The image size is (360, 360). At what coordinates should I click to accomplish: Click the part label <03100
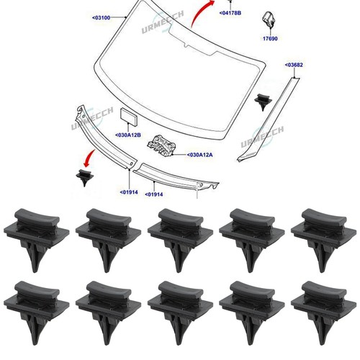[x=102, y=17]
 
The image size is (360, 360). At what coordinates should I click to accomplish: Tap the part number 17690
[x=270, y=38]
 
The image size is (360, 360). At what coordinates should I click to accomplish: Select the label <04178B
[x=230, y=13]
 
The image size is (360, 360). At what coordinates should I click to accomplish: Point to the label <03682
[x=294, y=65]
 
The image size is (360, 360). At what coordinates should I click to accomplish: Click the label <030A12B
[x=128, y=135]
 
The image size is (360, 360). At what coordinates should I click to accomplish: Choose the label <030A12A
[x=199, y=155]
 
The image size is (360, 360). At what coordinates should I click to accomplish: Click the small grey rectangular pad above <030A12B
[x=129, y=117]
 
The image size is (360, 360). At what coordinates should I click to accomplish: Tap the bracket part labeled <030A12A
[x=161, y=145]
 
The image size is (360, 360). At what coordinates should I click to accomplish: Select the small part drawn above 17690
[x=269, y=19]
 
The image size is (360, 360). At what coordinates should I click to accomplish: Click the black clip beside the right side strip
[x=263, y=102]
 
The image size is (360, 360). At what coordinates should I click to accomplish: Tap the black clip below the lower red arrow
[x=84, y=177]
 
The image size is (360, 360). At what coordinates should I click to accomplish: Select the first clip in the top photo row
[x=37, y=240]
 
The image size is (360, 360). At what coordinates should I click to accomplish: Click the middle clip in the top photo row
[x=180, y=240]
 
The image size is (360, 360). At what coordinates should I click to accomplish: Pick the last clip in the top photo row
[x=323, y=240]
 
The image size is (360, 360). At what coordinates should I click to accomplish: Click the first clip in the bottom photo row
[x=37, y=312]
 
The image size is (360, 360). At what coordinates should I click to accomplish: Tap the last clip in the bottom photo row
[x=323, y=312]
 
